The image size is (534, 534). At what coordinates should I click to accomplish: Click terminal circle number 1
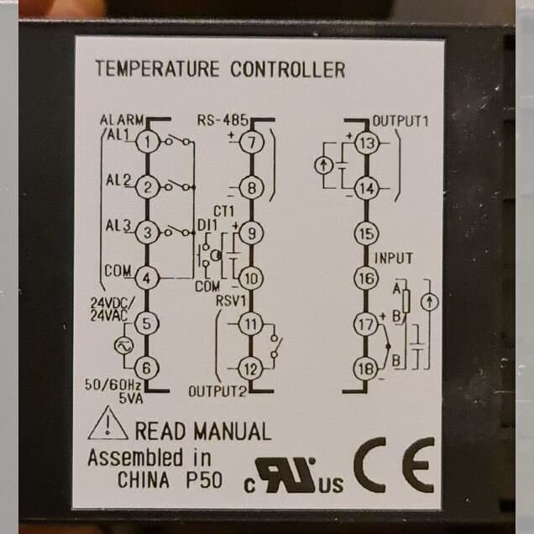[x=148, y=142]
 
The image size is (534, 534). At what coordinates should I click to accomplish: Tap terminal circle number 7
[x=252, y=143]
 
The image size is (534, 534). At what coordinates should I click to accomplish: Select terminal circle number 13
[x=367, y=143]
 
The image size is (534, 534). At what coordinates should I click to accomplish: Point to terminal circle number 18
[x=366, y=369]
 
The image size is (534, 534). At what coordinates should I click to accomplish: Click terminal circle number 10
[x=251, y=279]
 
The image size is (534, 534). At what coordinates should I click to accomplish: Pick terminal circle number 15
[x=367, y=233]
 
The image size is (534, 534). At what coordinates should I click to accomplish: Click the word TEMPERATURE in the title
[x=157, y=69]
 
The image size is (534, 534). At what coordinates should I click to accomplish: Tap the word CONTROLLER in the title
[x=288, y=69]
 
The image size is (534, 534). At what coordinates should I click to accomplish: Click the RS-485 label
[x=222, y=120]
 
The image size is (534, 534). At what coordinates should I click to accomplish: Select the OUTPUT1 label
[x=400, y=121]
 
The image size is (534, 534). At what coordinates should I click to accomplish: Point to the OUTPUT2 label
[x=217, y=391]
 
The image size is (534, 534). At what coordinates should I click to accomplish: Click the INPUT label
[x=393, y=259]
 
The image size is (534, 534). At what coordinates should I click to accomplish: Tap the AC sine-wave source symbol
[x=124, y=346]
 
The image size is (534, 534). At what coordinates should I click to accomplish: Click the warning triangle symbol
[x=108, y=423]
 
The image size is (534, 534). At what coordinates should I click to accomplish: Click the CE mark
[x=395, y=465]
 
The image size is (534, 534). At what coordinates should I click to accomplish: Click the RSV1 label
[x=231, y=301]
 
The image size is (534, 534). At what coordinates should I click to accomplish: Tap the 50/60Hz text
[x=113, y=385]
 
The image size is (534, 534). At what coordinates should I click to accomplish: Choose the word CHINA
[x=144, y=480]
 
